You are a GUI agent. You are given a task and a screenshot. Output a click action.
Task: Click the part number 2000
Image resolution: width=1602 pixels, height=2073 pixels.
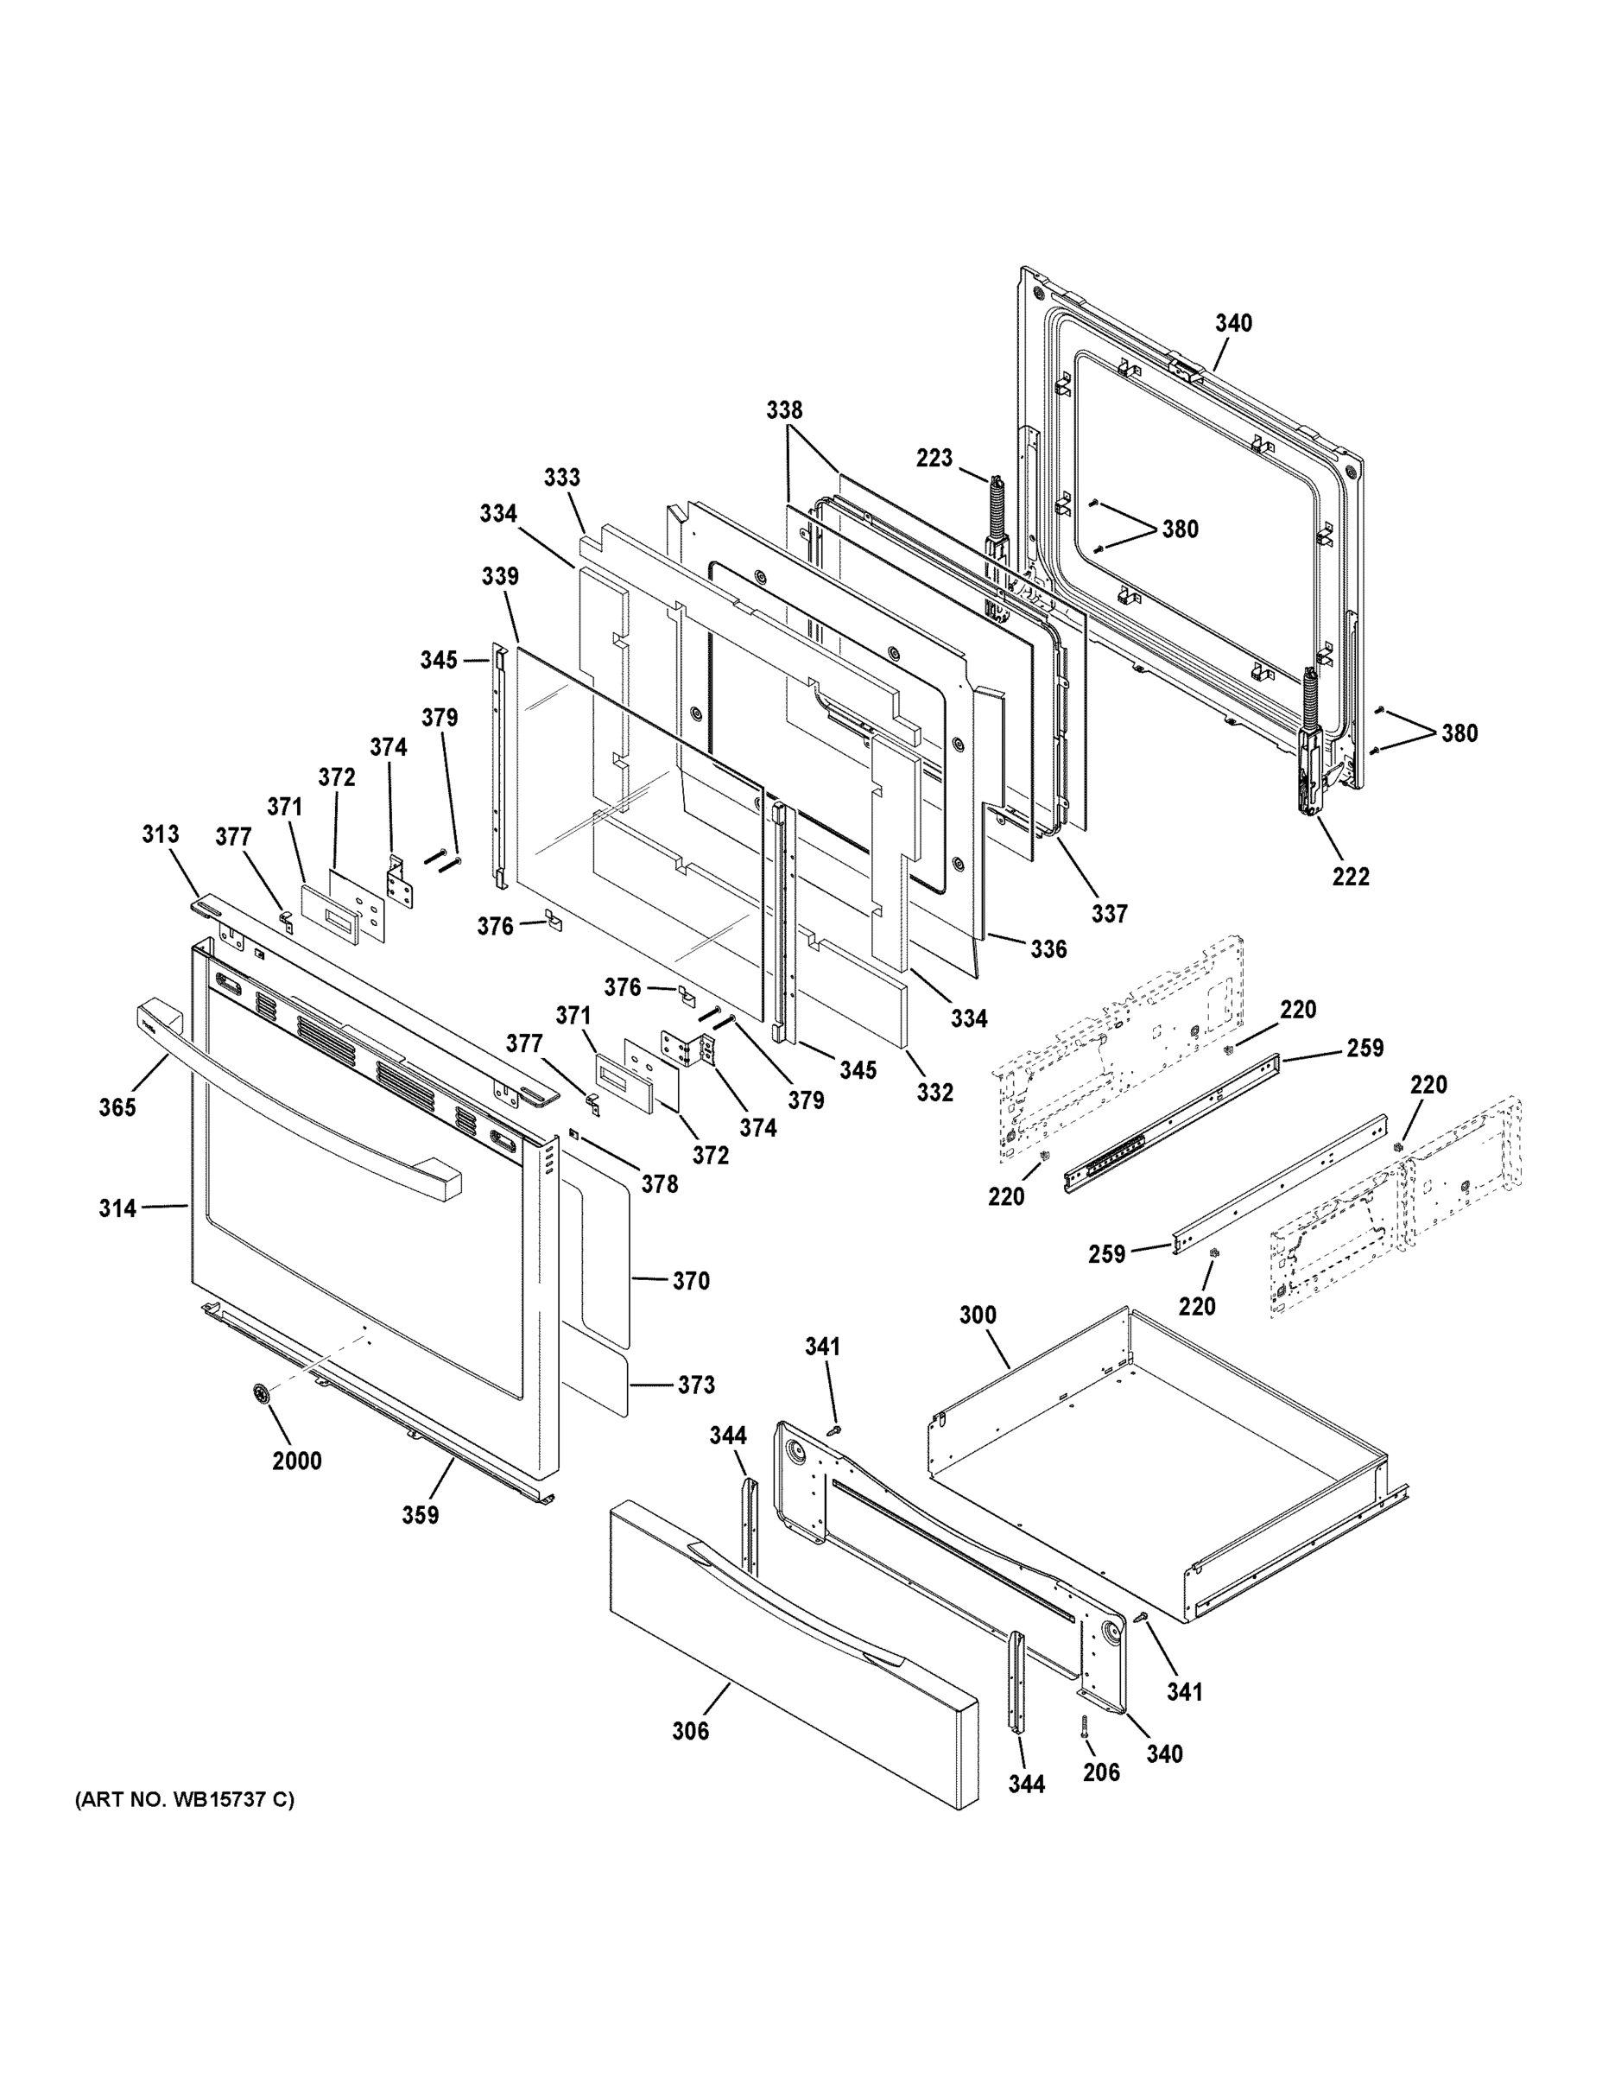[x=296, y=1461]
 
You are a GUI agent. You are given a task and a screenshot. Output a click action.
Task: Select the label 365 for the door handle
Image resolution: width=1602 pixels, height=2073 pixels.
[x=117, y=1106]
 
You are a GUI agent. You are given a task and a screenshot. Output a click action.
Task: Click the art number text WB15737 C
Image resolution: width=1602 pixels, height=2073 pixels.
[x=184, y=1798]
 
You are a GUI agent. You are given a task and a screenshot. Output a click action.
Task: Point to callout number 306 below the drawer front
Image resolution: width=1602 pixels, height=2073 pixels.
[x=690, y=1731]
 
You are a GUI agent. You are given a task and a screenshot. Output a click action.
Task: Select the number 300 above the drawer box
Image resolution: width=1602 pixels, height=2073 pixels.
[x=978, y=1315]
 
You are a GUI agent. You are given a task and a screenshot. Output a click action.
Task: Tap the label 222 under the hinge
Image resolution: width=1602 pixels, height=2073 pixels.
[x=1351, y=876]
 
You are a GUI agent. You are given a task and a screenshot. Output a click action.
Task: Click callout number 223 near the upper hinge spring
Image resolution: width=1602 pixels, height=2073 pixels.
[x=934, y=459]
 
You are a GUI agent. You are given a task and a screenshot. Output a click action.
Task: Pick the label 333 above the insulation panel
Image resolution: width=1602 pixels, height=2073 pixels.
[x=562, y=478]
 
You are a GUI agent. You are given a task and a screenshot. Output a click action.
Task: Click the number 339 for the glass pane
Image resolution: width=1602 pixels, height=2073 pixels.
[x=499, y=576]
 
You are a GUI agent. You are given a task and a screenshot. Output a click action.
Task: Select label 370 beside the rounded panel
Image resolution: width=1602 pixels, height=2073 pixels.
[x=691, y=1282]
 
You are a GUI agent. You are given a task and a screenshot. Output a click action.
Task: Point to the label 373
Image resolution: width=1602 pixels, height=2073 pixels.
[x=696, y=1385]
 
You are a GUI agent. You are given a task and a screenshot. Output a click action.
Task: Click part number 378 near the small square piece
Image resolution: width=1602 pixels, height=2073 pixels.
[x=660, y=1183]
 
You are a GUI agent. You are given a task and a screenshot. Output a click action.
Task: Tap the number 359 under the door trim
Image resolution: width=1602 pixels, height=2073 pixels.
[x=420, y=1515]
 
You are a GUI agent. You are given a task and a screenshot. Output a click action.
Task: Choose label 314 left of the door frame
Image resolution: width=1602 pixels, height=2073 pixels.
[x=117, y=1208]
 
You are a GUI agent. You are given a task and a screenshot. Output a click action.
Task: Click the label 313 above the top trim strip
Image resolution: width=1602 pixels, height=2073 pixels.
[x=161, y=834]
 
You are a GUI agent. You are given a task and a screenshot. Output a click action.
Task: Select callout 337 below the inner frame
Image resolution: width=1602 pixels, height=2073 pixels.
[x=1109, y=913]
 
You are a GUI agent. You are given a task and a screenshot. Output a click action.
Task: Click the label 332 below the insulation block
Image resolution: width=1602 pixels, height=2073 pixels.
[x=934, y=1093]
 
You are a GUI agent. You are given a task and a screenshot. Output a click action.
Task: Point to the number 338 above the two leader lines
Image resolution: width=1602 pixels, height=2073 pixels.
[x=784, y=410]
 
